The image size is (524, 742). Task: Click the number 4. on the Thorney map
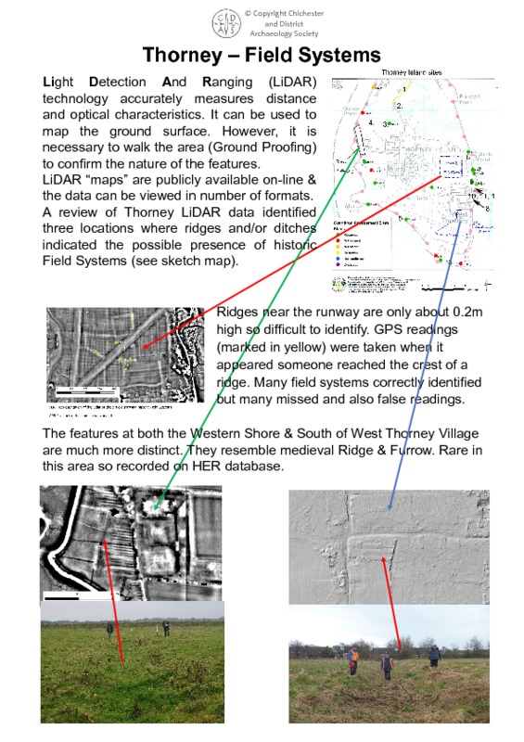point(372,122)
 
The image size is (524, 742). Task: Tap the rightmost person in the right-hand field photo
point(434,656)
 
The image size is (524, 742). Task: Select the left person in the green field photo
point(109,631)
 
